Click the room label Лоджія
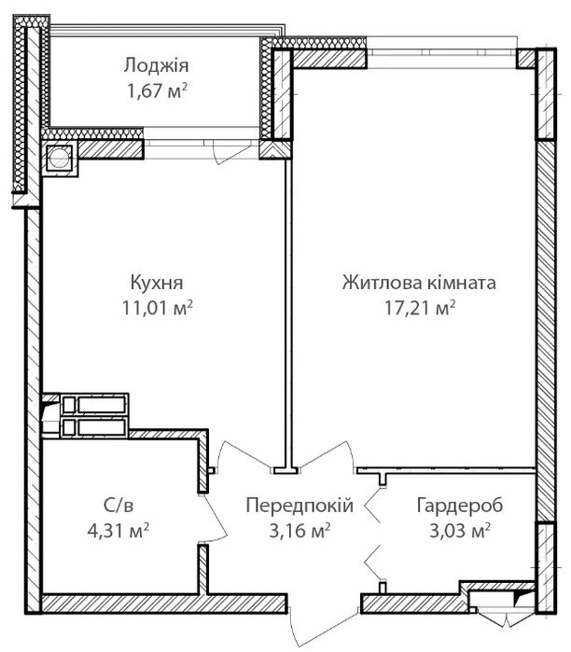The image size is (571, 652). point(156,65)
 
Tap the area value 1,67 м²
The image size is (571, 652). point(157,91)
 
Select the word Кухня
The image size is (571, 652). point(157,283)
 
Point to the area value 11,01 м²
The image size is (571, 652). point(157,308)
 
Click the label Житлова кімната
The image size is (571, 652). point(419,283)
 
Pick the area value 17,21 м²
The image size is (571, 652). point(420,308)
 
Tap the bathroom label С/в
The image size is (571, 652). point(118,506)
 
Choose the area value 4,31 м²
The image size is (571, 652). point(118,531)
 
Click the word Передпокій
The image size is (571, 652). point(299,506)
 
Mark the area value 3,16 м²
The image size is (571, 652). point(299,531)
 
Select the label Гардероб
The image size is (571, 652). point(460,506)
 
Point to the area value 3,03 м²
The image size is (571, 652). point(460,531)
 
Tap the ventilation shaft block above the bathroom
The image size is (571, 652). point(94,415)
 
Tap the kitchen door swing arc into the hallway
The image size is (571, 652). point(242,453)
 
